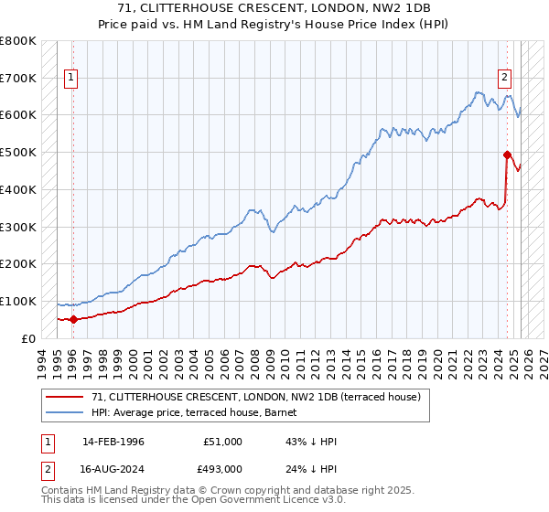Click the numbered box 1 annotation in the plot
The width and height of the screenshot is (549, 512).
(71, 78)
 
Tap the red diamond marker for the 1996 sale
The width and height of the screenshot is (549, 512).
(73, 319)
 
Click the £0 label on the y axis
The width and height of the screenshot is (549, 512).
(28, 338)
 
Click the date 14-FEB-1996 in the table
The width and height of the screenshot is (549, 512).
(113, 442)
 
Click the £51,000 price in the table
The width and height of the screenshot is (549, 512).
(221, 442)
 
